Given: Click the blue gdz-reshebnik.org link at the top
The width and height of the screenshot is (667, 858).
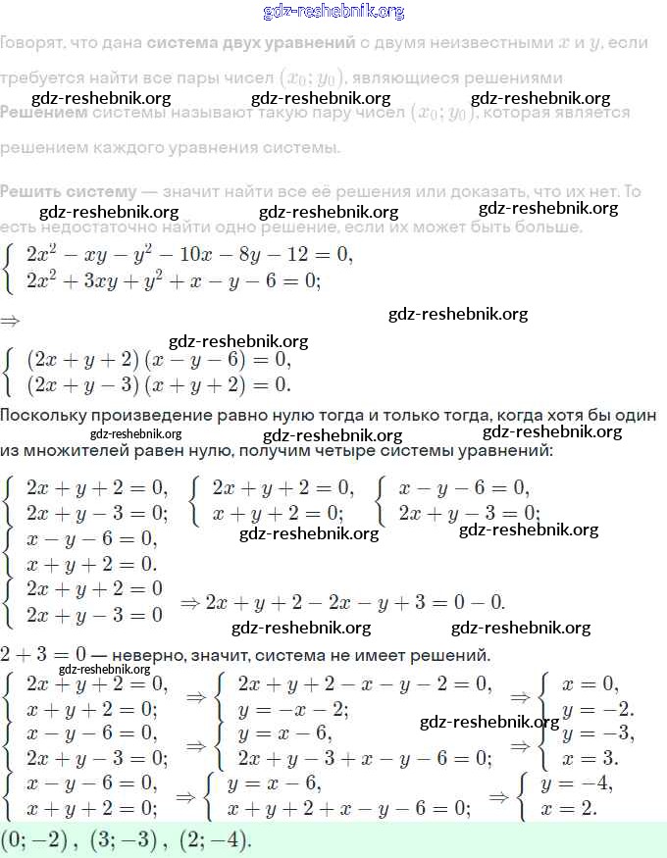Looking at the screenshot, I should click(x=333, y=12).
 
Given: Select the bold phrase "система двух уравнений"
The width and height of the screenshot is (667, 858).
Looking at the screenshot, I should click(x=250, y=43).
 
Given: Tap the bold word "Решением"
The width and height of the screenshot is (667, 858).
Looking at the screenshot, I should click(x=43, y=113).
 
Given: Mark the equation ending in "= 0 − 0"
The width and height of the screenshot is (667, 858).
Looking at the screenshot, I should click(x=354, y=601).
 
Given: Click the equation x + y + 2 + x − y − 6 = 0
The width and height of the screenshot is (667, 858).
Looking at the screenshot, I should click(x=348, y=809).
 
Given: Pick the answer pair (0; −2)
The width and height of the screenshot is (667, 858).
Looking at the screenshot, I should click(x=40, y=840).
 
